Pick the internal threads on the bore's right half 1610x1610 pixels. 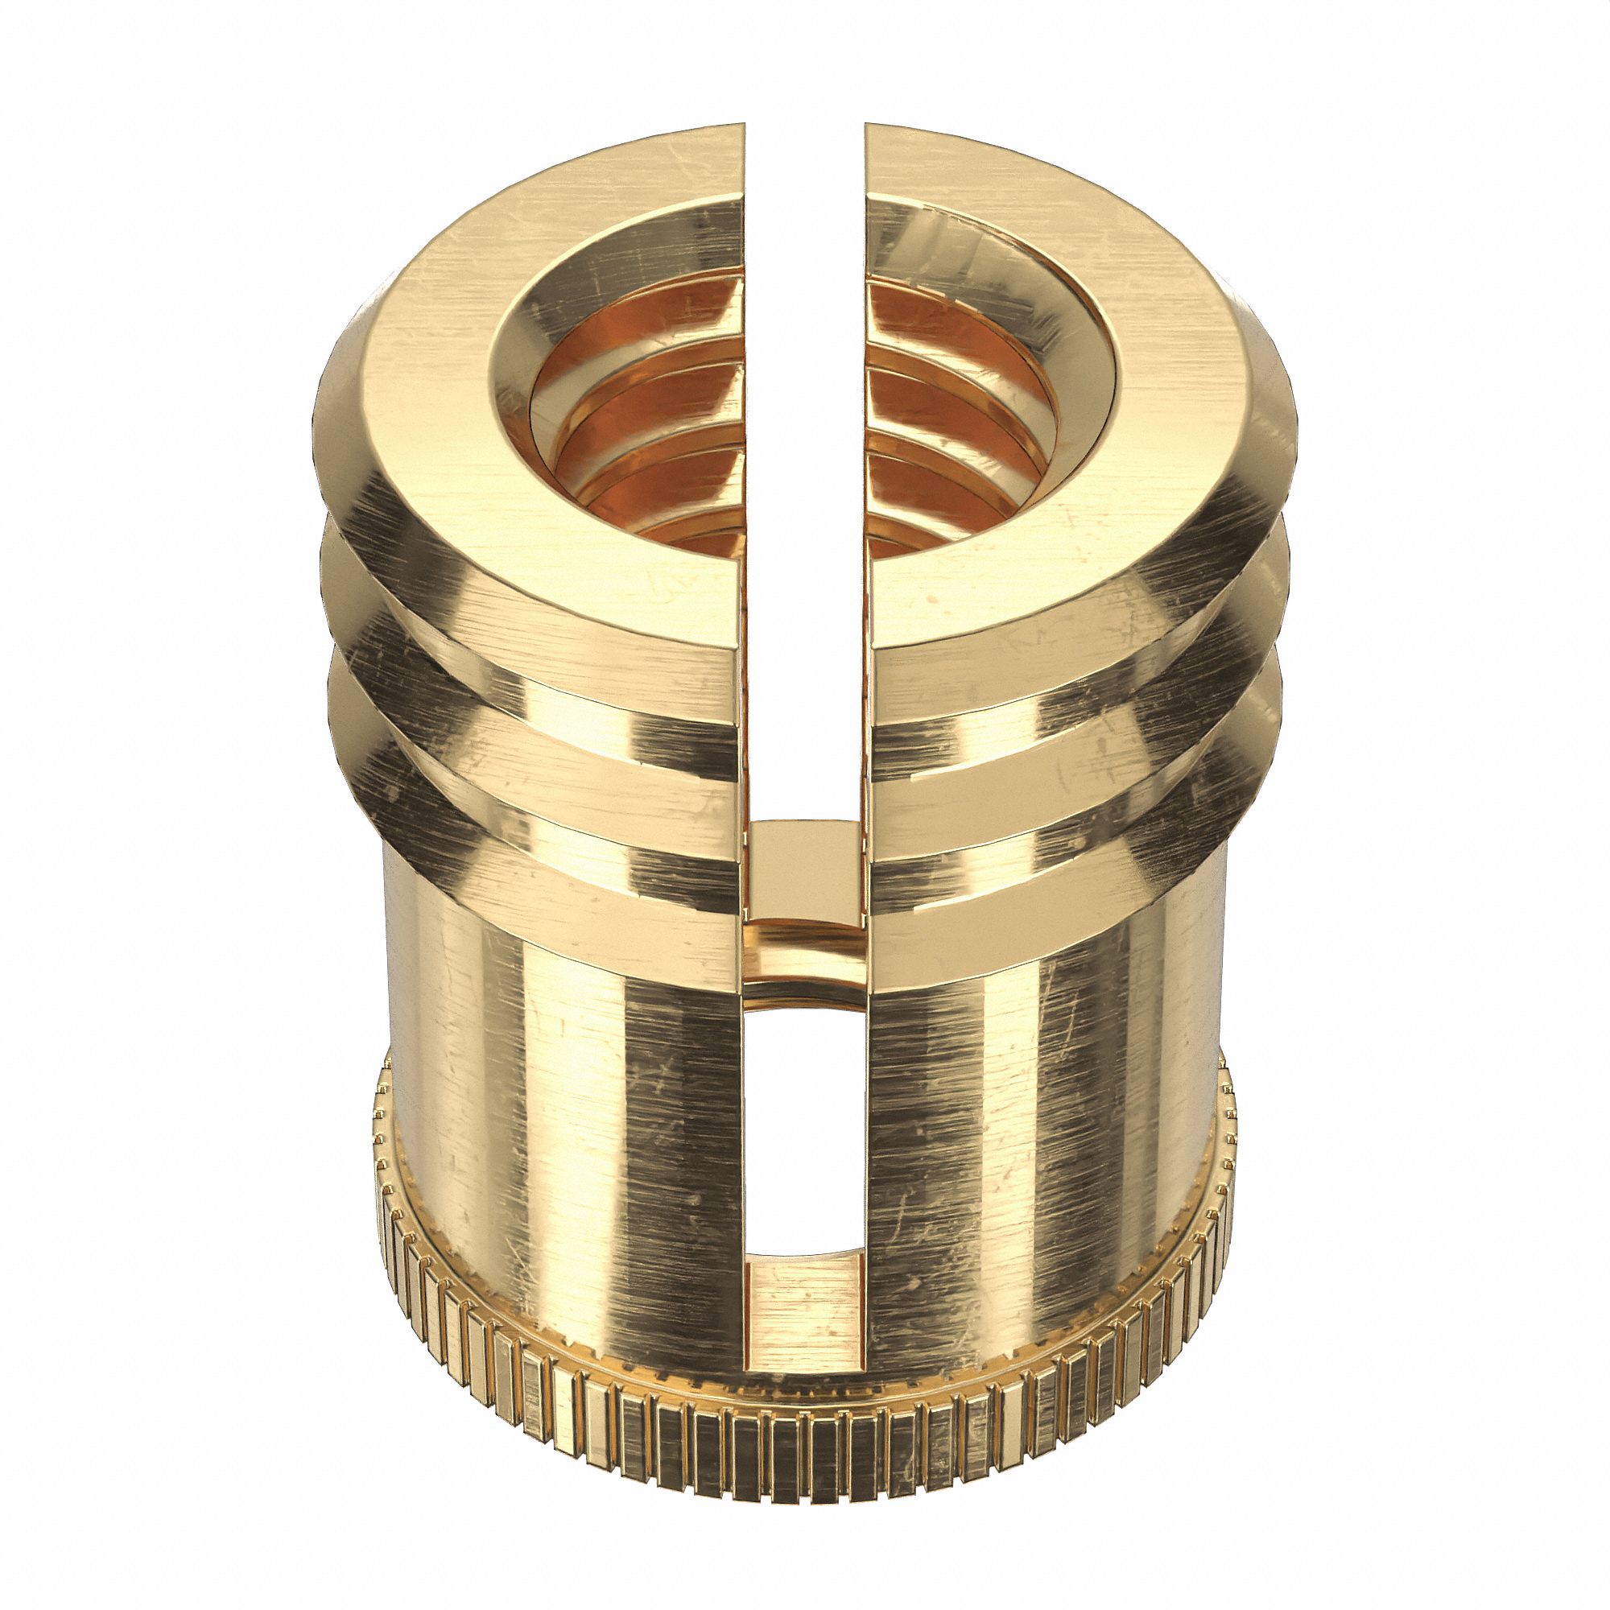click(x=950, y=433)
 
